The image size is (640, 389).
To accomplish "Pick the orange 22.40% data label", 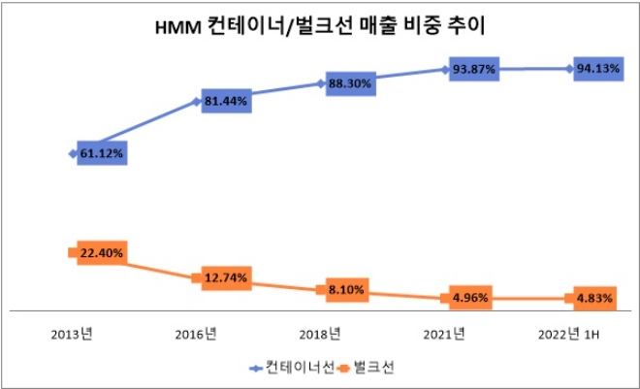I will point(101,253).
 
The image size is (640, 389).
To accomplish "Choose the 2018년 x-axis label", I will point(319,334).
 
